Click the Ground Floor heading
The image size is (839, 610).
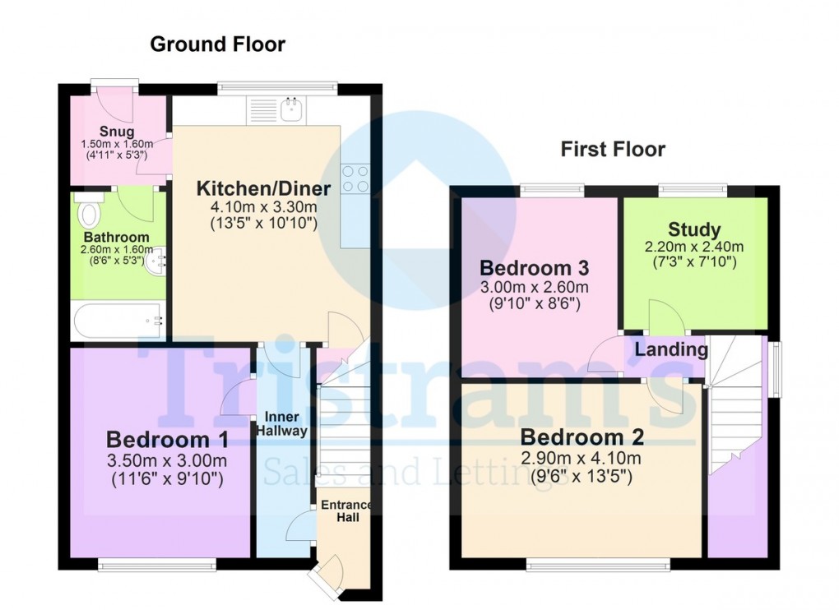[218, 44]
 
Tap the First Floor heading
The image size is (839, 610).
[613, 149]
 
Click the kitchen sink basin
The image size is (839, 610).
[293, 109]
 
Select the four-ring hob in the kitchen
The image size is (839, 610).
[356, 179]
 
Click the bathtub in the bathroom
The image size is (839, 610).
[118, 321]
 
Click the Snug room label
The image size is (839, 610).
[117, 132]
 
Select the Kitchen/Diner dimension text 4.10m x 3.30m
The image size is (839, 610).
[264, 207]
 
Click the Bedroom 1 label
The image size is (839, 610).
[168, 440]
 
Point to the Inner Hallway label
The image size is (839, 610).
[282, 424]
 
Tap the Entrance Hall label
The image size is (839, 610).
[347, 511]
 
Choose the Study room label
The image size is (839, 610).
[694, 229]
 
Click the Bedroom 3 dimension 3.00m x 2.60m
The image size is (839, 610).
[534, 287]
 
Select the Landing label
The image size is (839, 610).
[671, 349]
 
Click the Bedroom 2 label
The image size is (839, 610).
[582, 437]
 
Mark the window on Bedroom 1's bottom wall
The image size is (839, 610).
[157, 565]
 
